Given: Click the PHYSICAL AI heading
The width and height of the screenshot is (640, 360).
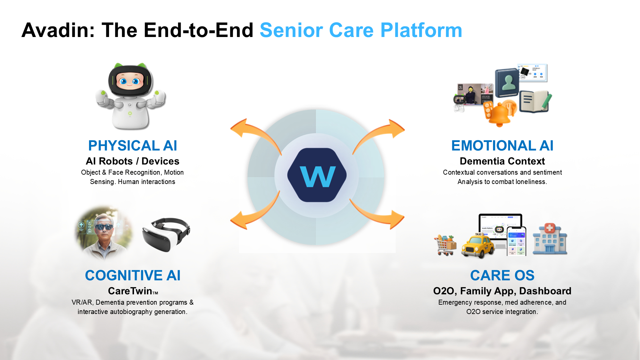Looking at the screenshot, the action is tap(133, 145).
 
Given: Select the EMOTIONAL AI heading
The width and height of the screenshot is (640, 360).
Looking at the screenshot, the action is tap(502, 145).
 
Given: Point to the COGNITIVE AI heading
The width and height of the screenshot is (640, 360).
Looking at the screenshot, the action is tap(133, 275).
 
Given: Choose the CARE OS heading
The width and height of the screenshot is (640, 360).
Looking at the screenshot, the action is tap(502, 275).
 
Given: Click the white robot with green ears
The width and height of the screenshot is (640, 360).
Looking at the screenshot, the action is tap(130, 96).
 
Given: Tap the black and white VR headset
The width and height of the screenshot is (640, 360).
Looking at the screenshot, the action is tap(166, 234).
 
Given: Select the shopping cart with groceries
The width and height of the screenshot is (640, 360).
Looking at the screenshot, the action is tap(445, 245).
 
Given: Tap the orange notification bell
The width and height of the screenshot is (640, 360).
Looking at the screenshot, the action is tap(500, 113).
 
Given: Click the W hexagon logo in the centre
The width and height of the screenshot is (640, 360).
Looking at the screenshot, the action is tap(317, 175).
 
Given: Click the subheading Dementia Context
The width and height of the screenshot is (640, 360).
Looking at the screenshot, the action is tap(502, 161).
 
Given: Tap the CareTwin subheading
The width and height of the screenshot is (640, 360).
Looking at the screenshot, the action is tap(133, 291).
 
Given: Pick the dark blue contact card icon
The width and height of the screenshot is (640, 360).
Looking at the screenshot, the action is tap(507, 82).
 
